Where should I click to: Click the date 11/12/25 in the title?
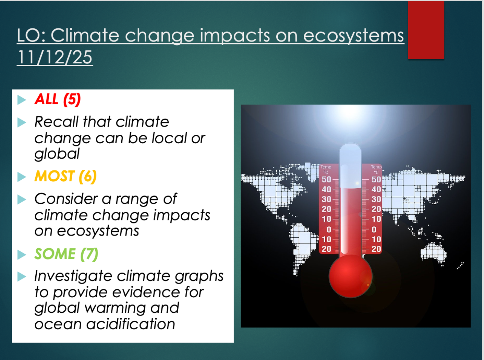(x=55, y=57)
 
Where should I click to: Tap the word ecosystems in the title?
(x=353, y=36)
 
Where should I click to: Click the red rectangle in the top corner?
(x=426, y=30)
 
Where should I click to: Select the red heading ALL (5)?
(x=58, y=99)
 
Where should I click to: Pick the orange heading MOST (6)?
(x=65, y=176)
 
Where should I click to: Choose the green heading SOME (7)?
(x=66, y=254)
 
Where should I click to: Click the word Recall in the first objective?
(x=56, y=121)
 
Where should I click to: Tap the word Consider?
(x=66, y=199)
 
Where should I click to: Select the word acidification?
(x=131, y=324)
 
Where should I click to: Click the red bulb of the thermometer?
(x=350, y=276)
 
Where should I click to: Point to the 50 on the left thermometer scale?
(x=326, y=179)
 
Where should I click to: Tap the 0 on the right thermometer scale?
(x=374, y=229)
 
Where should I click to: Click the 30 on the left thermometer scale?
(x=326, y=199)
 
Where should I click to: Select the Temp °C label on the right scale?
(x=376, y=170)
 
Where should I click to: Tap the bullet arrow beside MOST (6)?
(x=22, y=177)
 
